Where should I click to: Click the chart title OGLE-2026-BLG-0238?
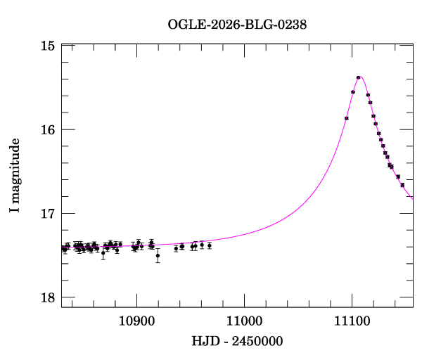pyautogui.click(x=237, y=24)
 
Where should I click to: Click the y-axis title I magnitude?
pyautogui.click(x=15, y=176)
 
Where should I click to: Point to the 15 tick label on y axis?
pyautogui.click(x=48, y=46)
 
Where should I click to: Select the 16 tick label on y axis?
pyautogui.click(x=48, y=129)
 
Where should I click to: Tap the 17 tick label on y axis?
pyautogui.click(x=48, y=213)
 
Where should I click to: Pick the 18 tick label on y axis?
pyautogui.click(x=48, y=297)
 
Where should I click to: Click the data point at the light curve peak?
pyautogui.click(x=358, y=77)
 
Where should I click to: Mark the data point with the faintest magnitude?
pyautogui.click(x=158, y=255)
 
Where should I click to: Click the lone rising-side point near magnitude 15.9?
pyautogui.click(x=347, y=118)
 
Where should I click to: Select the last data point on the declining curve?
pyautogui.click(x=402, y=185)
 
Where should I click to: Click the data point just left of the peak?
pyautogui.click(x=352, y=92)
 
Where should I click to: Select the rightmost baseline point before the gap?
pyautogui.click(x=210, y=245)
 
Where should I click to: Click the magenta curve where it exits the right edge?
pyautogui.click(x=412, y=198)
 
